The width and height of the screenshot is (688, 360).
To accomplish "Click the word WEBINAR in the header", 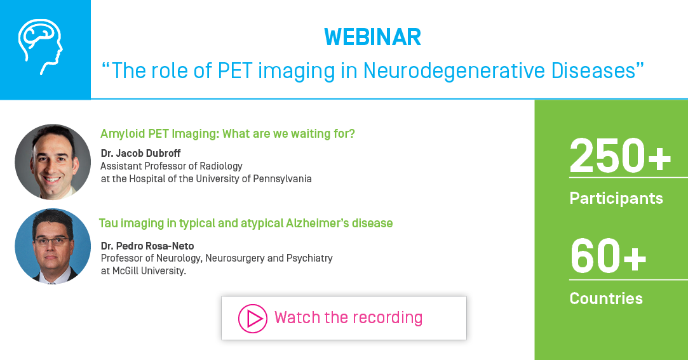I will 372,37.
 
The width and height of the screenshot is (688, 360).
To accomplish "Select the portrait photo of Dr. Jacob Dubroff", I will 53,162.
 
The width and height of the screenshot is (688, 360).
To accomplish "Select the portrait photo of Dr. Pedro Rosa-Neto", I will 53,246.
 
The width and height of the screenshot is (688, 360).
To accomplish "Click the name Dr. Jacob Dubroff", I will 140,154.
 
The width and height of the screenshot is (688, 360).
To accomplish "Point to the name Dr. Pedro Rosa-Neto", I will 147,246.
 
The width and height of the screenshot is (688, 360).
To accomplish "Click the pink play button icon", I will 253,318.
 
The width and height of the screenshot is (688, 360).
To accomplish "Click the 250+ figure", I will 620,156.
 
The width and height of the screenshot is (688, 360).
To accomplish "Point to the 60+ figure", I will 608,257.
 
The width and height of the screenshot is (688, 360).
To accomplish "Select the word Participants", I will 616,198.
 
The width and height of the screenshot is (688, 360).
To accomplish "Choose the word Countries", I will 605,298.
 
